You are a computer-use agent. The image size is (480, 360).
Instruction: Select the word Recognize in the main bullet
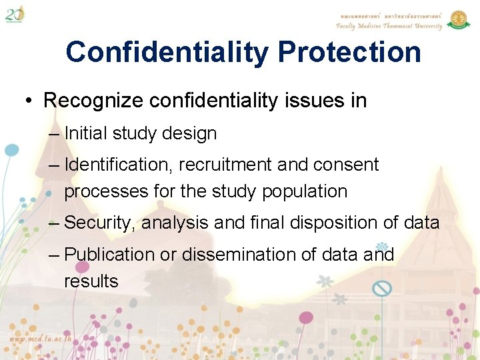93,101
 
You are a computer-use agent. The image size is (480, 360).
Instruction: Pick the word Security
98,223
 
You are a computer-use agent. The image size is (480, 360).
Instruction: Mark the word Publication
109,255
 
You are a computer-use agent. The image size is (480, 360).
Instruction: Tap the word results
91,281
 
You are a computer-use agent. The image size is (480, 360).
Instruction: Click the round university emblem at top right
458,19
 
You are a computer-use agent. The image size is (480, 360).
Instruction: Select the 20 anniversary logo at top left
15,13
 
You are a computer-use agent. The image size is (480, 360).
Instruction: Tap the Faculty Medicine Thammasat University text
389,26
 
